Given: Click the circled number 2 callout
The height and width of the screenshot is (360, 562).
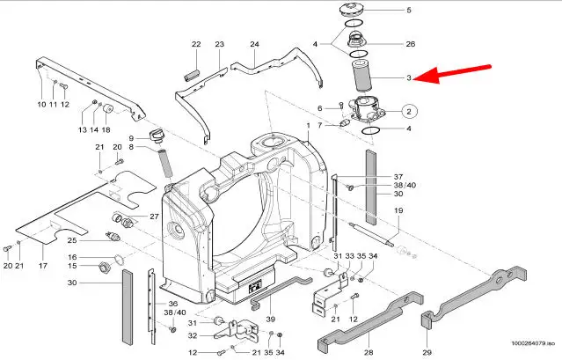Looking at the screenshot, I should pos(408,111).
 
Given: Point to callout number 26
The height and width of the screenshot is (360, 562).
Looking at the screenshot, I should pos(411,44).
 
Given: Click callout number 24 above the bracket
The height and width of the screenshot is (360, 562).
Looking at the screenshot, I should pos(253,44).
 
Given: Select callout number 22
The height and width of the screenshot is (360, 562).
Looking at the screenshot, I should pos(196,44).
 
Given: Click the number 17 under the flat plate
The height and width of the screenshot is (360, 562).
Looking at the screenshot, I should pos(40,264).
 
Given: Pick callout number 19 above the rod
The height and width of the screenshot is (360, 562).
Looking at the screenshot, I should pos(398,211).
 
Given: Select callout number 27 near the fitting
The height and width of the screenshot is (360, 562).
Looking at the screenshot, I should pos(154,217).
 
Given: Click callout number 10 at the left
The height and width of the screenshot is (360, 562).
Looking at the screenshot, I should pos(41,105).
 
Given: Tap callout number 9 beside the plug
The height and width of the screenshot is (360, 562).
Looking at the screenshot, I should pos(131,138).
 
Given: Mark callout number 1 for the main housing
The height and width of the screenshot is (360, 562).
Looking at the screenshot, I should pos(308,126).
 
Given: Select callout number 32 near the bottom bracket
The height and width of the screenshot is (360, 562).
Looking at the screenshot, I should pos(192,335).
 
